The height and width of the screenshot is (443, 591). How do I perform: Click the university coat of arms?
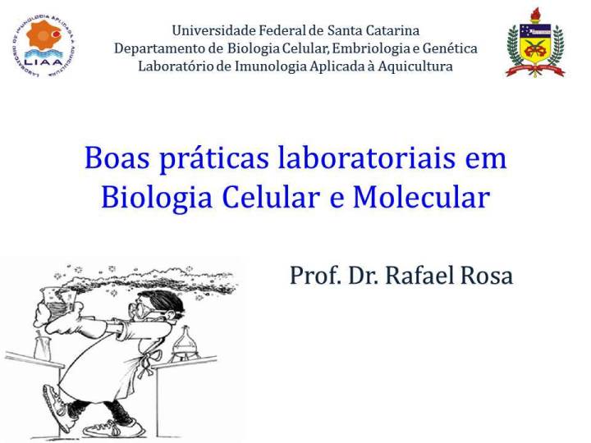pyautogui.click(x=535, y=43)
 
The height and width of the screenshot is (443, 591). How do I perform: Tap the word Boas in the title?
pyautogui.click(x=117, y=158)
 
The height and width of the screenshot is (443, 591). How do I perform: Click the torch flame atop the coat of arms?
pyautogui.click(x=535, y=14)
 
